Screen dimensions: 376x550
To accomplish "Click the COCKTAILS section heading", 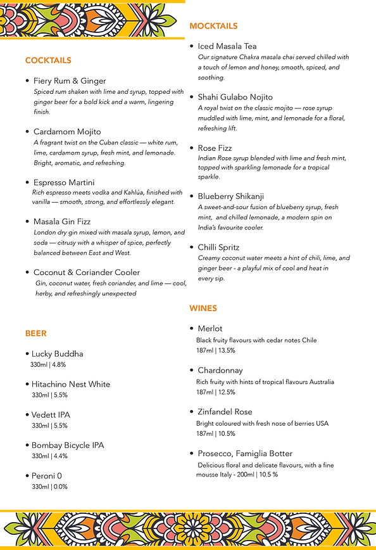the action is coord(48,61).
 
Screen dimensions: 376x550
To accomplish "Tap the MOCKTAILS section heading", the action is coord(213,27).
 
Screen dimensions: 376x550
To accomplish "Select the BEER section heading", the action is coord(36,333).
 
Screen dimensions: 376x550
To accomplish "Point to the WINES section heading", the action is coord(203,309).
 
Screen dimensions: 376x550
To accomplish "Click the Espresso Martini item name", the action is coord(64,182).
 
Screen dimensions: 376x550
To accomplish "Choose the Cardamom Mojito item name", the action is coord(67,132).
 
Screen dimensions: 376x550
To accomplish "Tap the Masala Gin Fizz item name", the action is coord(62,222).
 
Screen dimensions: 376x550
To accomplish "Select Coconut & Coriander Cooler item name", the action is coord(87,272).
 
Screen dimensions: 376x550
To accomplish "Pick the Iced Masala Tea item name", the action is coord(227,46).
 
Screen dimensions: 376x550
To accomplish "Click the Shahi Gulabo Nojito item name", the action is coord(235,97).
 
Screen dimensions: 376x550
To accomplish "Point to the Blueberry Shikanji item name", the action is coord(232,196).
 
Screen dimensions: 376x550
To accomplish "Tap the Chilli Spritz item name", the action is coord(218,247).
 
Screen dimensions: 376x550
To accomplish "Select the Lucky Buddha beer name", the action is coord(58,354).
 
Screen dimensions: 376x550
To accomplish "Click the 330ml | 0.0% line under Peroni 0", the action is coord(49,487).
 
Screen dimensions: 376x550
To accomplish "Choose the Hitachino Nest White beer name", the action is coord(71,384).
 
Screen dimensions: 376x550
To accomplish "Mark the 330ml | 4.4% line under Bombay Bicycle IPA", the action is coord(49,456).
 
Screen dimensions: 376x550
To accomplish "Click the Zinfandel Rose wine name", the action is coord(225,412).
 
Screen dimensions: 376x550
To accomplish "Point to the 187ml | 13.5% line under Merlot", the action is coord(215,350).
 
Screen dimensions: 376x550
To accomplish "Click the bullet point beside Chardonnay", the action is coord(192,370).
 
